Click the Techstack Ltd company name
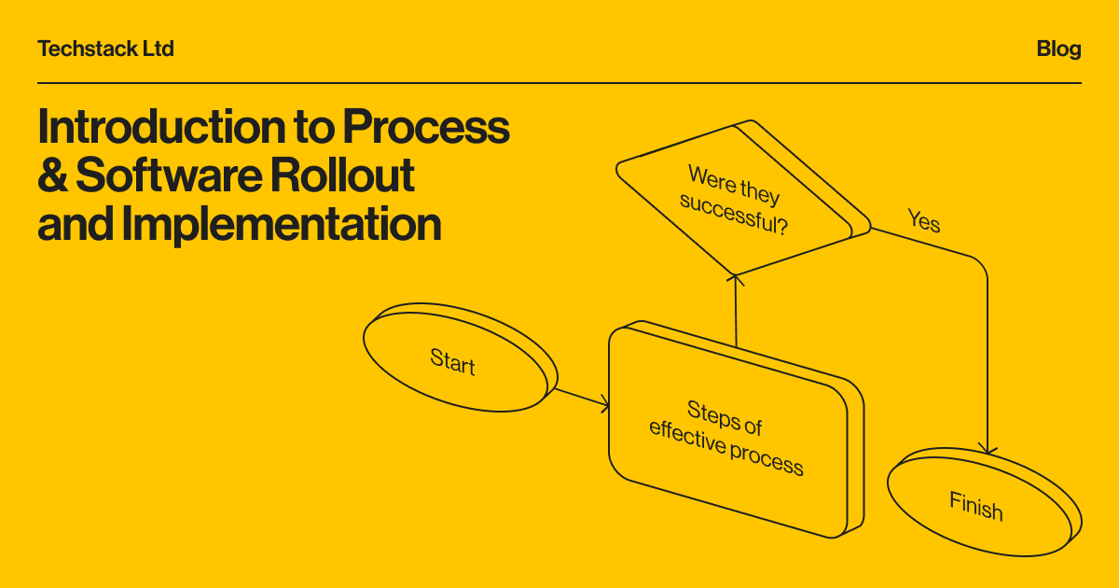point(105,49)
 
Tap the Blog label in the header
point(1058,49)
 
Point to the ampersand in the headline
point(52,175)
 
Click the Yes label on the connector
point(923,222)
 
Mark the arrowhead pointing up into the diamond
point(736,277)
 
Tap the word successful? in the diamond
point(733,215)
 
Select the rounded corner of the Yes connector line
point(981,265)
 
